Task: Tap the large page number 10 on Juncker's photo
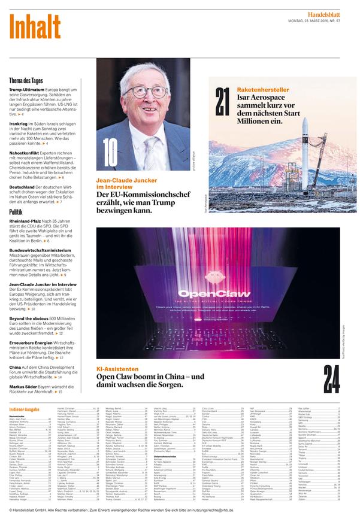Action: pos(110,152)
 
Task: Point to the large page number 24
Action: pos(332,378)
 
